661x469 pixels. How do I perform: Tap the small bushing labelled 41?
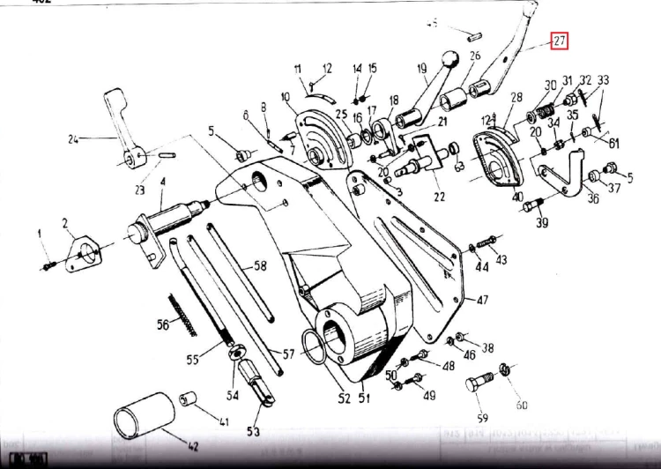tap(188, 401)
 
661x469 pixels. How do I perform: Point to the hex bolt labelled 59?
tap(478, 388)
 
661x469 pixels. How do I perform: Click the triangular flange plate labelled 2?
tap(85, 250)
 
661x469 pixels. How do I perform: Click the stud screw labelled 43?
tap(488, 241)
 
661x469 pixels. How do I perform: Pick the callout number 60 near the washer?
tap(521, 405)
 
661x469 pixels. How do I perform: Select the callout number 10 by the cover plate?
tap(286, 96)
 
